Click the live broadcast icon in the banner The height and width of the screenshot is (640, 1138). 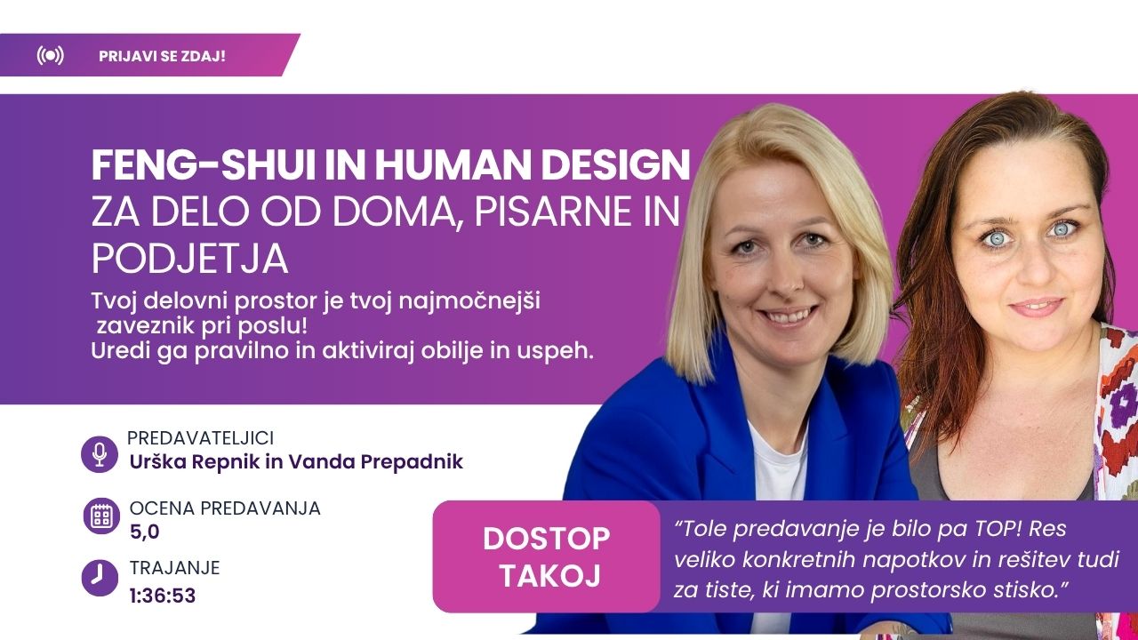(51, 55)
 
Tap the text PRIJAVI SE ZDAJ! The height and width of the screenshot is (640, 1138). (162, 56)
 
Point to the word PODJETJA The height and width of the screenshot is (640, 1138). (190, 259)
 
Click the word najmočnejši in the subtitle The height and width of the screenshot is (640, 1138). (469, 301)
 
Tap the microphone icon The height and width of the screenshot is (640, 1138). (100, 454)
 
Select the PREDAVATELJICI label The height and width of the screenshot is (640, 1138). (200, 438)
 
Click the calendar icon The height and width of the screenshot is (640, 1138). (101, 516)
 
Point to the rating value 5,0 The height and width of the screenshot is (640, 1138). (145, 532)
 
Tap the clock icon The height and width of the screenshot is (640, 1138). (100, 578)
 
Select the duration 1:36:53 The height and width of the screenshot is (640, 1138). (163, 596)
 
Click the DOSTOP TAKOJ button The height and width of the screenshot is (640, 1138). (546, 556)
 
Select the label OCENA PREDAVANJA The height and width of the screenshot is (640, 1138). (225, 508)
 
